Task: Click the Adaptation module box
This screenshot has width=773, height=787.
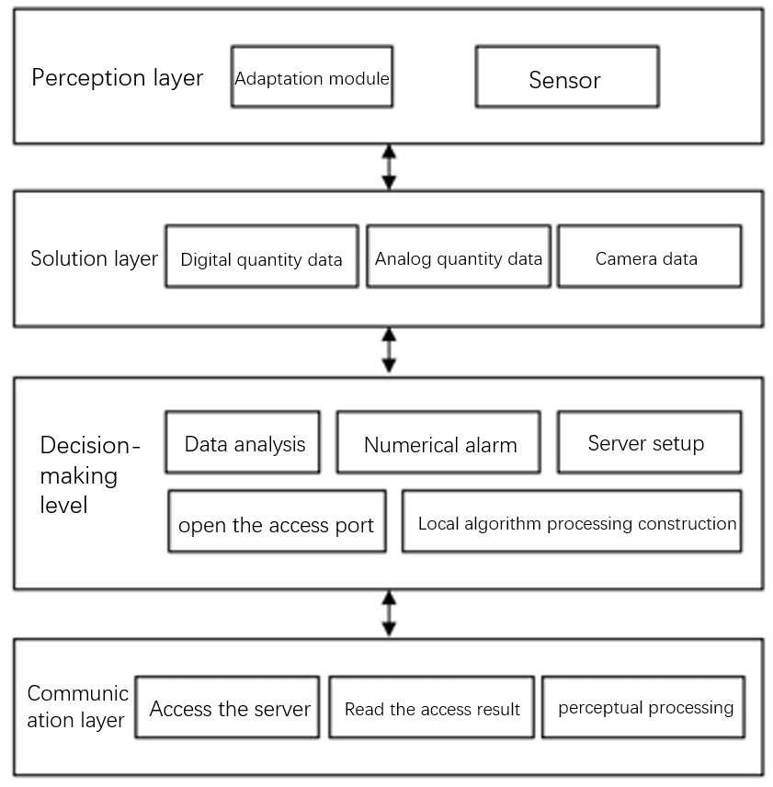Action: [x=312, y=77]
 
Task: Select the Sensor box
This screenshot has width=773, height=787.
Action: [x=567, y=77]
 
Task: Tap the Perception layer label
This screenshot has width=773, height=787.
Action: [x=118, y=78]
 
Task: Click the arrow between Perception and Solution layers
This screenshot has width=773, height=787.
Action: [x=390, y=167]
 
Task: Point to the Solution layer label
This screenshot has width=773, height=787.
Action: [x=95, y=259]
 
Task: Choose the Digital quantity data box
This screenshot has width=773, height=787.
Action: [x=262, y=257]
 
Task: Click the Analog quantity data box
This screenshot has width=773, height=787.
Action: [x=459, y=257]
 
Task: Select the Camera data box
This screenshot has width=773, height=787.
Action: [x=650, y=257]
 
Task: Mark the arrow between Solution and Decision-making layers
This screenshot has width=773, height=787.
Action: [x=390, y=350]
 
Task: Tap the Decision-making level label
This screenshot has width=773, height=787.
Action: [x=89, y=474]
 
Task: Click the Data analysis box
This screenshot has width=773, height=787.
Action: [x=243, y=442]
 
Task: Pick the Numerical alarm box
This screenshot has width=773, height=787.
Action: [x=439, y=442]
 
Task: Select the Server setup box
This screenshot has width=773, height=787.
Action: [x=650, y=442]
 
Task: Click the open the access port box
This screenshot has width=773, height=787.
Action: [x=278, y=521]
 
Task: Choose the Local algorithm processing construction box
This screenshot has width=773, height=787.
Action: [x=572, y=521]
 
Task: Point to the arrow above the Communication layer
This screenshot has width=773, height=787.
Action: [x=390, y=613]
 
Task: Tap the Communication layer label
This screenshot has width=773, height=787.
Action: [x=77, y=707]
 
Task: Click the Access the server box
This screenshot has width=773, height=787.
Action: [x=227, y=707]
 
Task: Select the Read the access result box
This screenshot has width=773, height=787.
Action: [x=432, y=707]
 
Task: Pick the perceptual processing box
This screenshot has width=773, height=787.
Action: [x=643, y=707]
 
